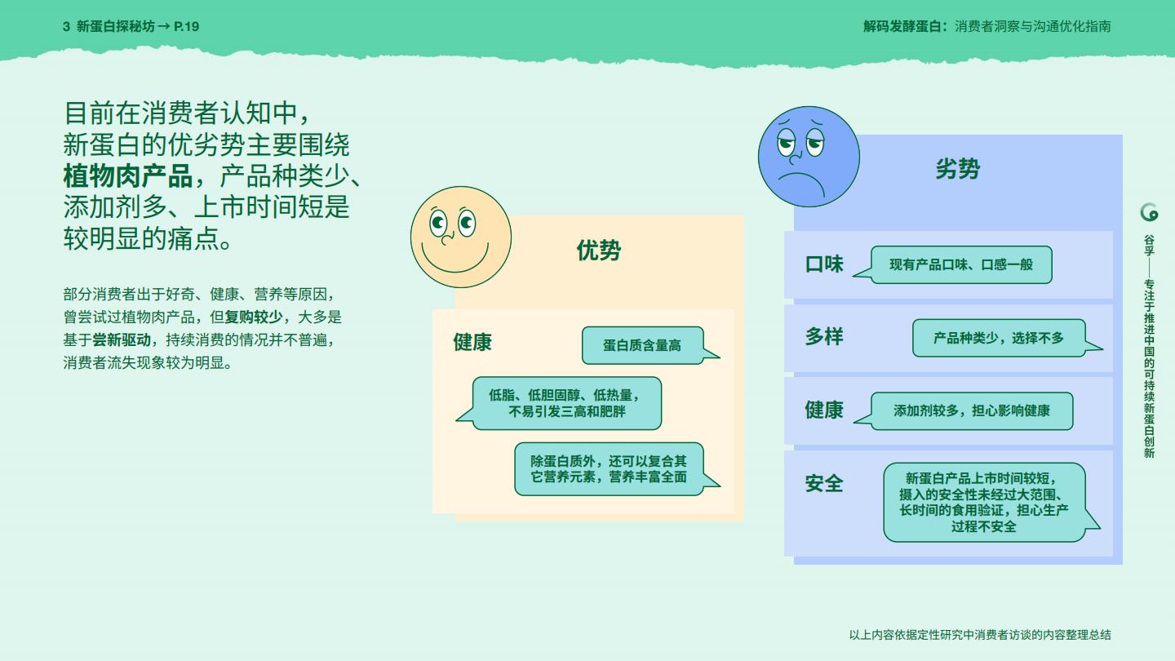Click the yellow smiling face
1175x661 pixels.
(x=461, y=237)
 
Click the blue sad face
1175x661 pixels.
(x=809, y=156)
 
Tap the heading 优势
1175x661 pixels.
(x=598, y=251)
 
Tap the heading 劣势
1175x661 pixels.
(x=957, y=169)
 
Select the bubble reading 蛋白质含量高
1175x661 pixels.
(x=642, y=345)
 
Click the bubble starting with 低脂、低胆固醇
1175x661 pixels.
(x=566, y=403)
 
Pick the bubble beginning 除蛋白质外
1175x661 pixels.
(x=609, y=468)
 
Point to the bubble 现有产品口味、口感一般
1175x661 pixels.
(x=960, y=264)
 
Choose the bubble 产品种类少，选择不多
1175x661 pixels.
(x=999, y=338)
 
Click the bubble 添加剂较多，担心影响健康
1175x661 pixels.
(x=971, y=410)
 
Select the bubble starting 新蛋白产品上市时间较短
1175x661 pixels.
(x=984, y=502)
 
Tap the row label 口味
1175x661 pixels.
(x=824, y=264)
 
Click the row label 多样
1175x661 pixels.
(x=824, y=336)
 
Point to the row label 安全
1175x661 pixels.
(x=824, y=483)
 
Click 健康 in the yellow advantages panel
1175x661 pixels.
(x=472, y=342)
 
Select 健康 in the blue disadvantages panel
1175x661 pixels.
(x=824, y=410)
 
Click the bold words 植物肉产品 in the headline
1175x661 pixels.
(x=128, y=175)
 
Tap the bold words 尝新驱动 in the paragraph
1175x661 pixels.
(x=122, y=339)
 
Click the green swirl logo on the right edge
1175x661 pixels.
(x=1149, y=212)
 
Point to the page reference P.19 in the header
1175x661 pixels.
(x=187, y=26)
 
